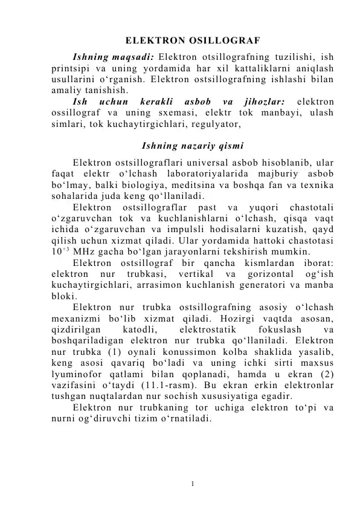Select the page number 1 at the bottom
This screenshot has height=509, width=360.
(191, 483)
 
